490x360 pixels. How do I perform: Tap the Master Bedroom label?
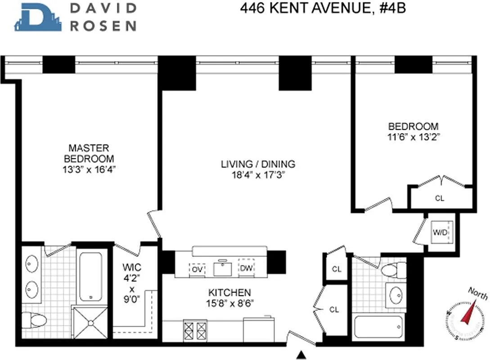[x=89, y=153]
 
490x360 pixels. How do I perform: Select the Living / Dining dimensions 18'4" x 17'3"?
[x=258, y=175]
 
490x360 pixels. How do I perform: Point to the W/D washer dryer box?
[x=440, y=233]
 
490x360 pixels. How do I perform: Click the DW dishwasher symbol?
[x=246, y=268]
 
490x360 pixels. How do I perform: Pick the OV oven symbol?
[x=197, y=269]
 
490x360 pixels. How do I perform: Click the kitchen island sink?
[x=222, y=269]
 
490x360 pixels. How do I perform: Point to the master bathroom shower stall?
[x=90, y=322]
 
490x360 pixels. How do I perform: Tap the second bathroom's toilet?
[x=393, y=270]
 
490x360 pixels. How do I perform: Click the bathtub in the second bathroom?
[x=378, y=327]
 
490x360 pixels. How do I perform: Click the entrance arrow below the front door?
[x=302, y=355]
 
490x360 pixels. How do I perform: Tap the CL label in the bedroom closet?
[x=440, y=198]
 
